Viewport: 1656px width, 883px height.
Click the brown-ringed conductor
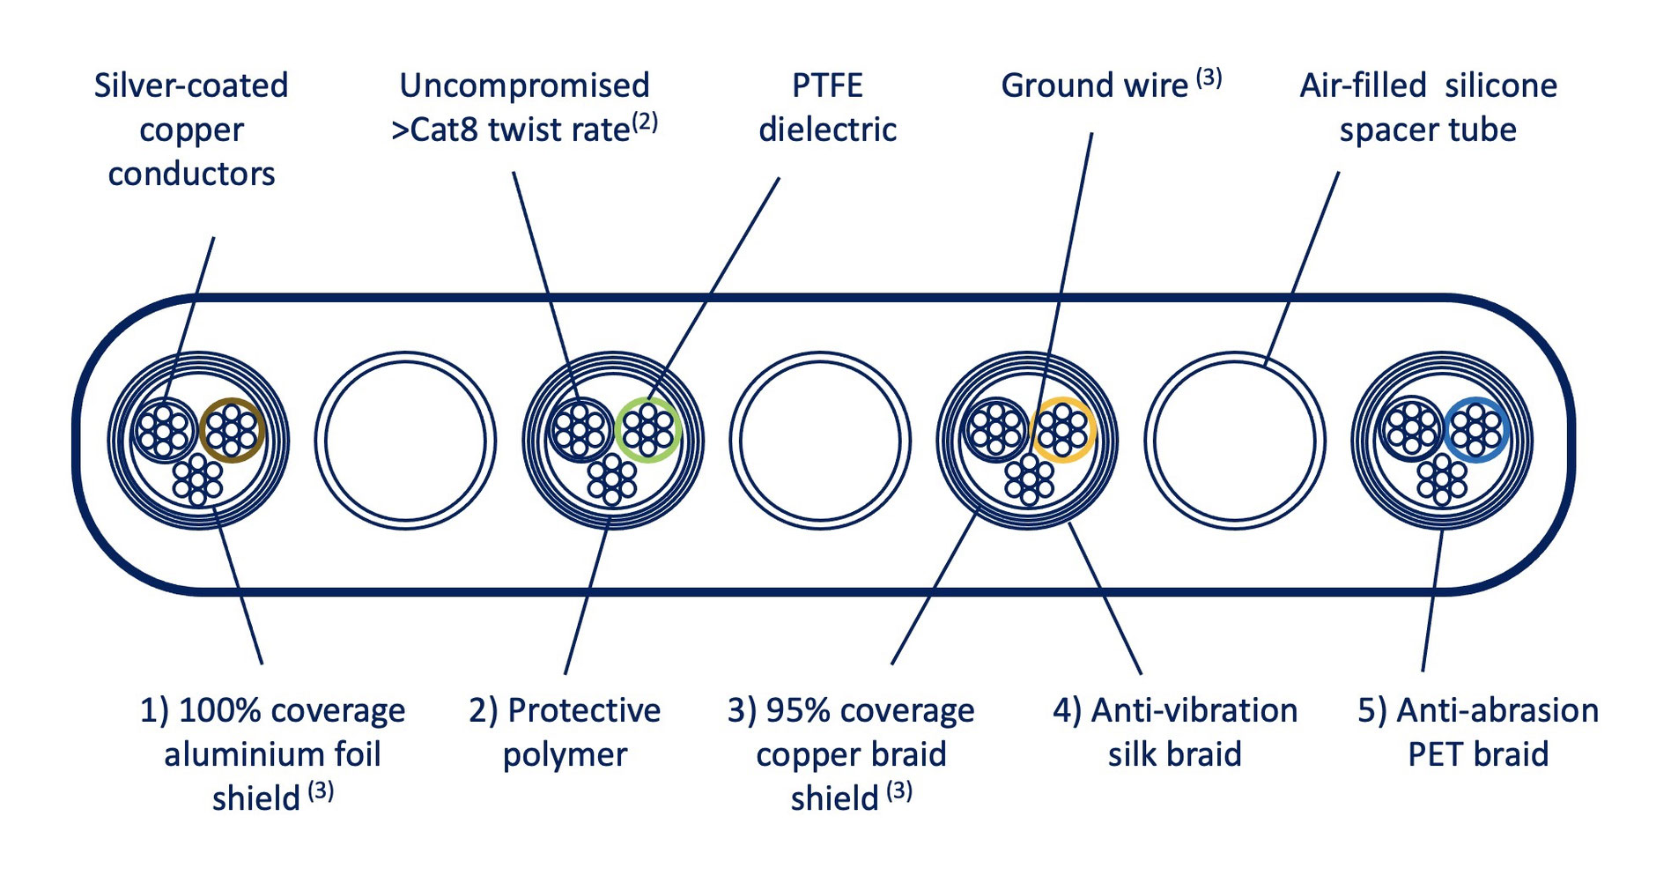(232, 430)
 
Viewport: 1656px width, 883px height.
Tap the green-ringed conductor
(648, 430)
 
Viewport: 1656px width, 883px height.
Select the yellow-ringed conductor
(1063, 430)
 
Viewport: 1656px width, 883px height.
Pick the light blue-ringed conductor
(1477, 430)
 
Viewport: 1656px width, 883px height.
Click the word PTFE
(827, 85)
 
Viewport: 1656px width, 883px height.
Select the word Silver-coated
(191, 85)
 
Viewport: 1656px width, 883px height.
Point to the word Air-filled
(1363, 85)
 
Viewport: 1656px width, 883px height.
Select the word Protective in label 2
(584, 710)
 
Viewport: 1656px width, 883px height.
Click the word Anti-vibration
(1194, 710)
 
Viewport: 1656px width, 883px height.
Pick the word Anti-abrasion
(1498, 710)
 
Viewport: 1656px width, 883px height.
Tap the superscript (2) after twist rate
(644, 121)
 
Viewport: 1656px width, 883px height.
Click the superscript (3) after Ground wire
(1209, 78)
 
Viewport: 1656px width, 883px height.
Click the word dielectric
(828, 130)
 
